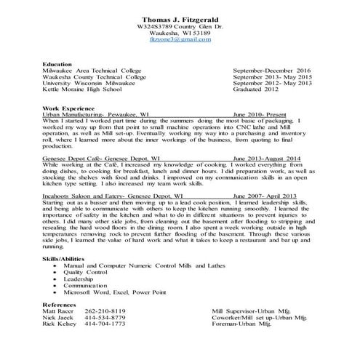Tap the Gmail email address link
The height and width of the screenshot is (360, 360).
[x=180, y=40]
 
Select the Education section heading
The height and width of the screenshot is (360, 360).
[x=57, y=64]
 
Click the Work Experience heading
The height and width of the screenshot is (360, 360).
[x=68, y=108]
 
